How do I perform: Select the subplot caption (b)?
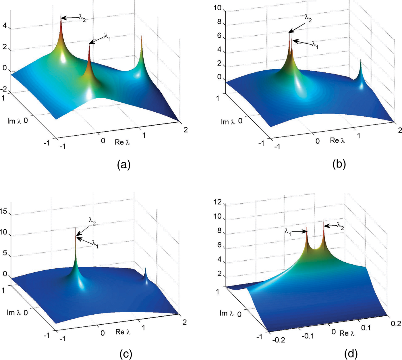pyautogui.click(x=339, y=165)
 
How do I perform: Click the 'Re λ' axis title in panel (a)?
pyautogui.click(x=122, y=142)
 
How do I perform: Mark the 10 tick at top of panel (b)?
pyautogui.click(x=218, y=8)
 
